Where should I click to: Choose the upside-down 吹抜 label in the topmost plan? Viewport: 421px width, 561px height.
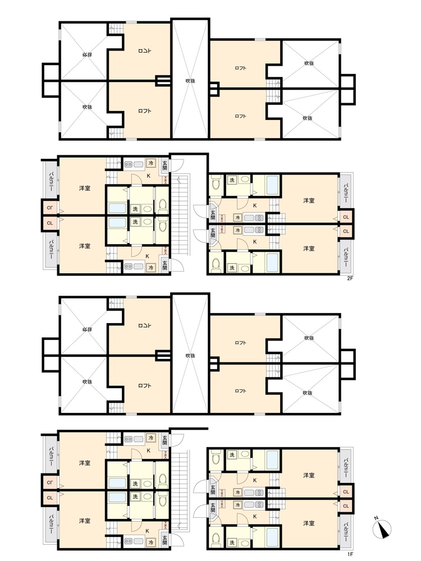[x=86, y=55]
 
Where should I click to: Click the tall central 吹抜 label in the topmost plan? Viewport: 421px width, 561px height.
[x=190, y=81]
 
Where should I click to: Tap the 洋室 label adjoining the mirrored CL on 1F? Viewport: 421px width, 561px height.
[x=85, y=463]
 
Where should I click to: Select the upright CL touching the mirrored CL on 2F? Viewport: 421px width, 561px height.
[x=49, y=223]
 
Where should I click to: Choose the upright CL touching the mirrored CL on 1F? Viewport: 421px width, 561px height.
[x=49, y=497]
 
